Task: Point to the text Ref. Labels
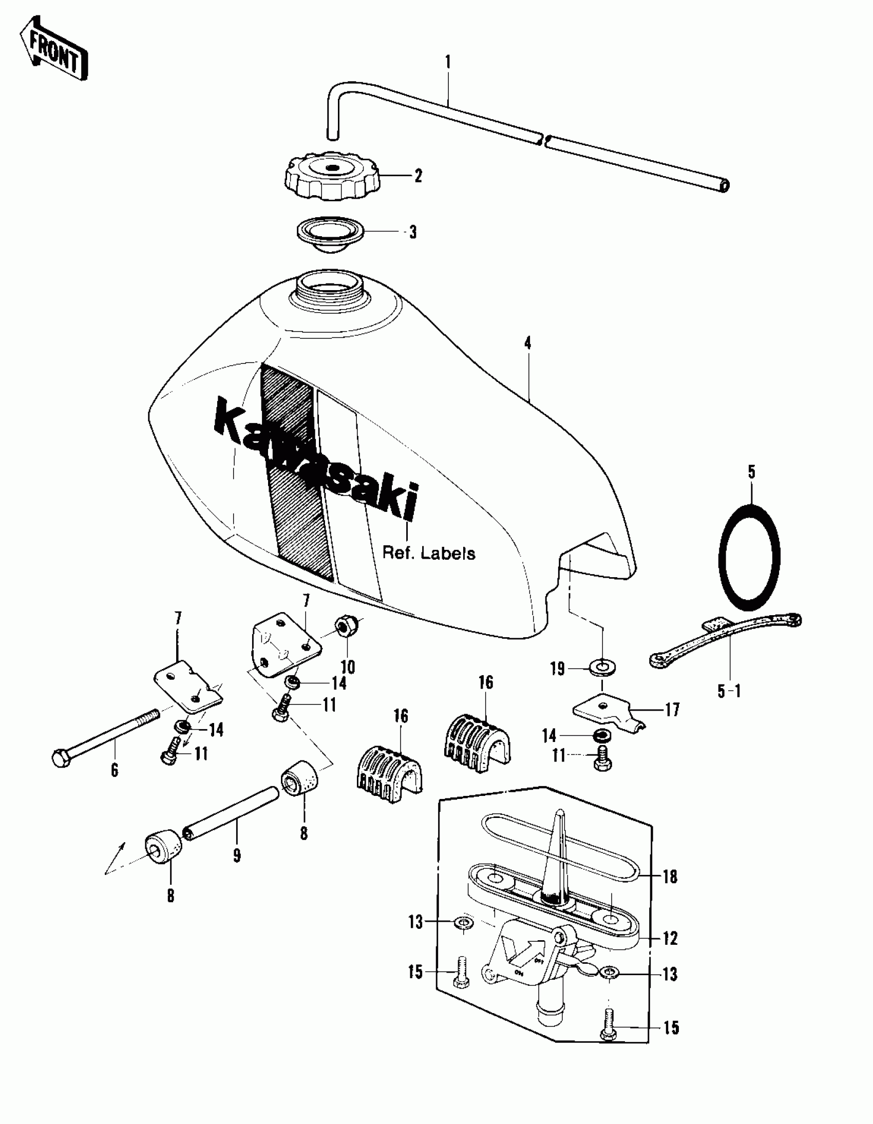point(428,554)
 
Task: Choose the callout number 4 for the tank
point(527,344)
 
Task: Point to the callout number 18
point(670,877)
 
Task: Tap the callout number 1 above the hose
point(447,63)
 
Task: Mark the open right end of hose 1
point(724,185)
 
